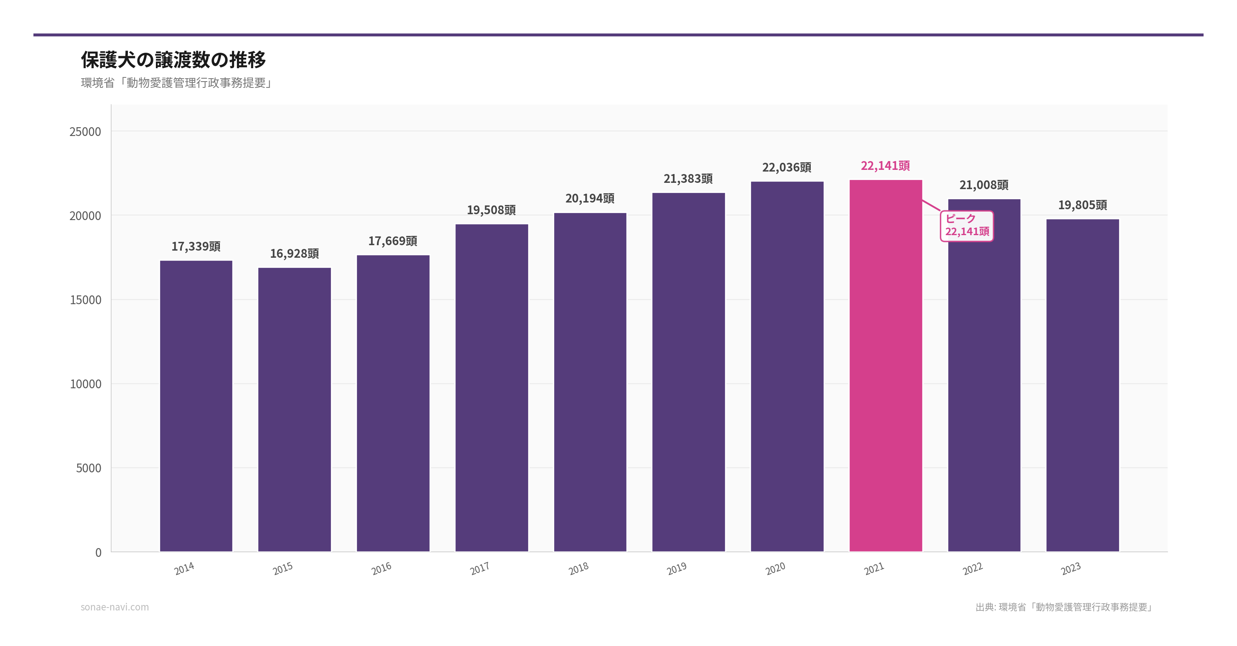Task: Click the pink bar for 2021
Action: pyautogui.click(x=885, y=365)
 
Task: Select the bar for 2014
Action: pyautogui.click(x=196, y=406)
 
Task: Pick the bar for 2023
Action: pyautogui.click(x=1082, y=385)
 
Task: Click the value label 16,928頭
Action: pyautogui.click(x=294, y=253)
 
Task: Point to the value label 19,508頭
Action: pyautogui.click(x=491, y=210)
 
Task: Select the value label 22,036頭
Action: pyautogui.click(x=786, y=167)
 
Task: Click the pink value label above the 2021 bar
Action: pyautogui.click(x=885, y=166)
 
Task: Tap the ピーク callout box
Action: pyautogui.click(x=967, y=226)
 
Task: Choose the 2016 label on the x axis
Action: pyautogui.click(x=381, y=569)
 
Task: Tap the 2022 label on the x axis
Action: pyautogui.click(x=972, y=569)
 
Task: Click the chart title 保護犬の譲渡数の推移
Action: pyautogui.click(x=173, y=59)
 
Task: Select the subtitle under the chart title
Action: pyautogui.click(x=177, y=83)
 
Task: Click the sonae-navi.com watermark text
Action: pyautogui.click(x=115, y=607)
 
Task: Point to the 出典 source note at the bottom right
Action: pyautogui.click(x=1064, y=607)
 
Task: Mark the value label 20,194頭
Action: pyautogui.click(x=590, y=198)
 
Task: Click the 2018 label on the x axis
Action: pyautogui.click(x=578, y=569)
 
